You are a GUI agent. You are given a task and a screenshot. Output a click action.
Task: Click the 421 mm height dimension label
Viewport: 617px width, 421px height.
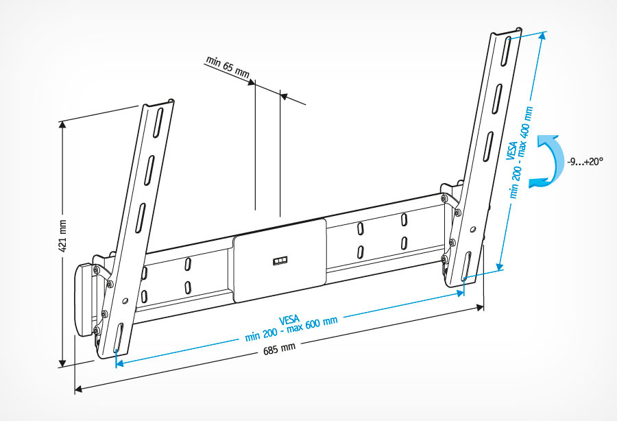tap(62, 237)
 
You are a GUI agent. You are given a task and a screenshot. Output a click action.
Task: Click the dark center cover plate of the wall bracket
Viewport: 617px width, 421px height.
tap(280, 259)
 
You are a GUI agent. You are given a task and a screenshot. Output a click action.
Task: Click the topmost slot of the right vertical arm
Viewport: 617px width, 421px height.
tap(506, 49)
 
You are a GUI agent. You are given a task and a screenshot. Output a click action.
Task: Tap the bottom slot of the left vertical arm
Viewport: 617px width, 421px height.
tap(117, 340)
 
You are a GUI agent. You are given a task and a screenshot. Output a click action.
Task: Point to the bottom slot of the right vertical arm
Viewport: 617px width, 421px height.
tap(466, 264)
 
